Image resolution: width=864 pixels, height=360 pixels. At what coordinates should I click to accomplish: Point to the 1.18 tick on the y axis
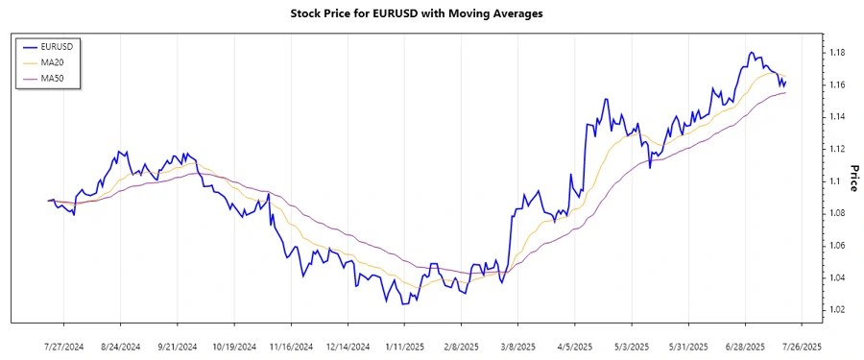[x=836, y=53]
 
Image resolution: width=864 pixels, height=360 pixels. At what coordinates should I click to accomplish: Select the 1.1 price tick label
[x=833, y=181]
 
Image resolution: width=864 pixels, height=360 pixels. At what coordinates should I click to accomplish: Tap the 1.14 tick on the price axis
[x=836, y=117]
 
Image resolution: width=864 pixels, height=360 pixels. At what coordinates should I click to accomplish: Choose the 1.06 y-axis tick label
[x=836, y=246]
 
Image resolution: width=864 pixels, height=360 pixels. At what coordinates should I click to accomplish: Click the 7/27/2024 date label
[x=64, y=346]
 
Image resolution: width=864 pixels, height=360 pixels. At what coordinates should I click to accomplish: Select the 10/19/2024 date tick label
[x=234, y=346]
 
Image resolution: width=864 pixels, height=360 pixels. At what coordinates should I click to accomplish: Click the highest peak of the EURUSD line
[x=751, y=53]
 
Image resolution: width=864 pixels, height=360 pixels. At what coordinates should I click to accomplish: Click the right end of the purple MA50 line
[x=785, y=92]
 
